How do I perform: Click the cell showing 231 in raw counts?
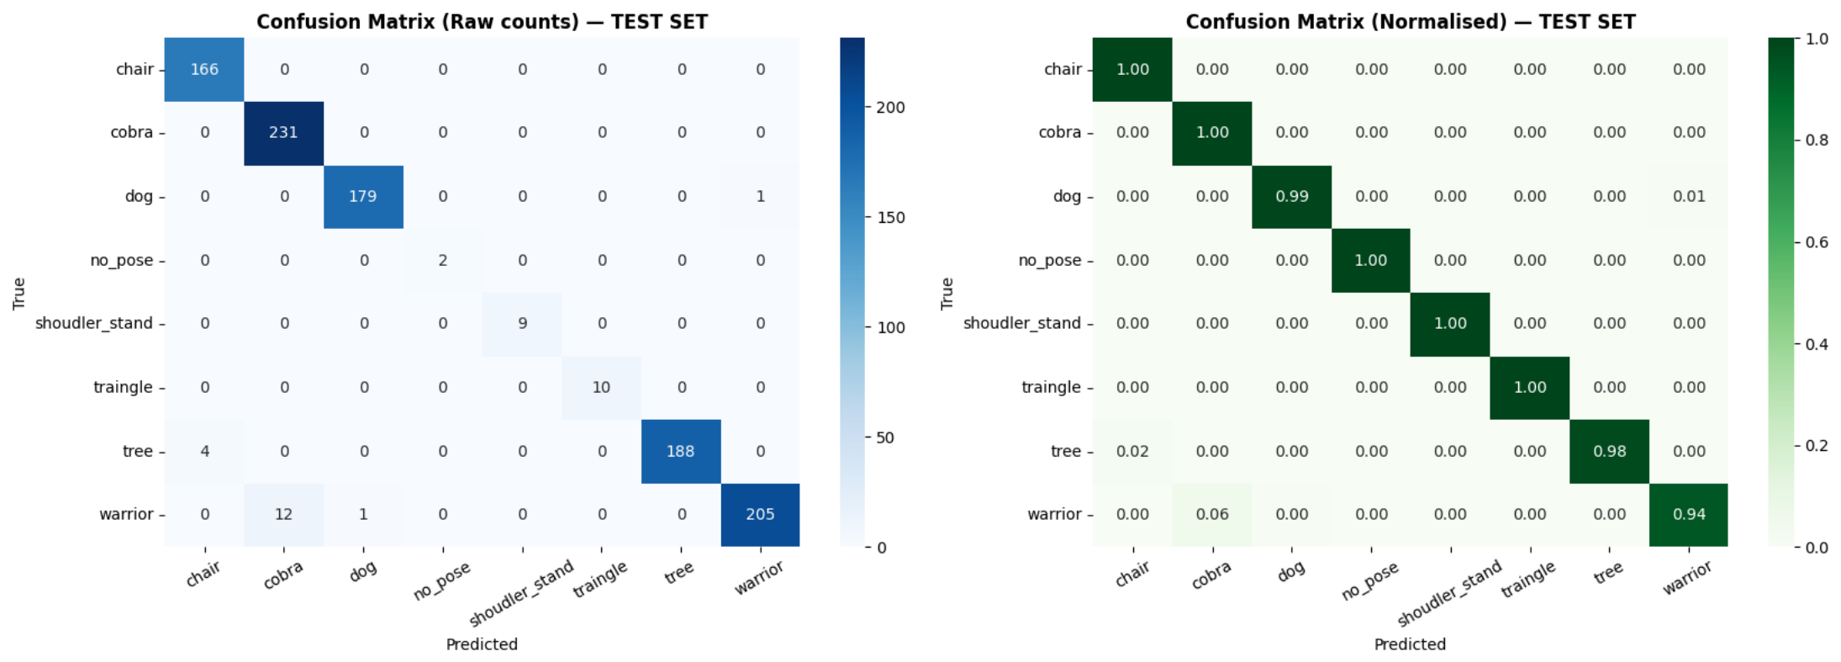[283, 133]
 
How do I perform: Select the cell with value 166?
[204, 70]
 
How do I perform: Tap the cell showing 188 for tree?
[681, 451]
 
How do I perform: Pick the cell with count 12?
[283, 515]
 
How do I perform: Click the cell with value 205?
[760, 515]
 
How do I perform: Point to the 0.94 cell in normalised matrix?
[1689, 515]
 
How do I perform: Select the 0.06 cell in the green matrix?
[1212, 515]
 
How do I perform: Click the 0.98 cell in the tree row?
[1609, 451]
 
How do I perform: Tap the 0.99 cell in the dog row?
[1291, 197]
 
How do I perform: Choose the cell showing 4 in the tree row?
[204, 451]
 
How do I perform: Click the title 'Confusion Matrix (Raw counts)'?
[418, 22]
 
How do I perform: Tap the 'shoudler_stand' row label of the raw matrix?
[94, 324]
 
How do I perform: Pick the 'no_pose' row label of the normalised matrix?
[1050, 261]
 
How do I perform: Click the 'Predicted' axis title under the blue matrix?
[482, 644]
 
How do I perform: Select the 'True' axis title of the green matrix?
[947, 294]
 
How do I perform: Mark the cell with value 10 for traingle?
[601, 388]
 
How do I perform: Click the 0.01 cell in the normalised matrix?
[1689, 197]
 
